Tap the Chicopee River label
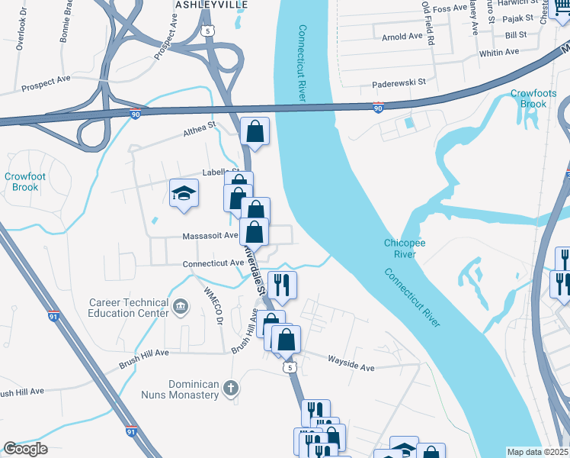404,248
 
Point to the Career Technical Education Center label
128,308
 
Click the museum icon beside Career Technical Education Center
181,307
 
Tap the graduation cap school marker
184,194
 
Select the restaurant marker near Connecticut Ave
282,285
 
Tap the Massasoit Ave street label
210,236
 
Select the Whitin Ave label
498,52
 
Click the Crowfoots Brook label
528,98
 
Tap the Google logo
25,449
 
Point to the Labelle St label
221,173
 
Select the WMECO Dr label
213,303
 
